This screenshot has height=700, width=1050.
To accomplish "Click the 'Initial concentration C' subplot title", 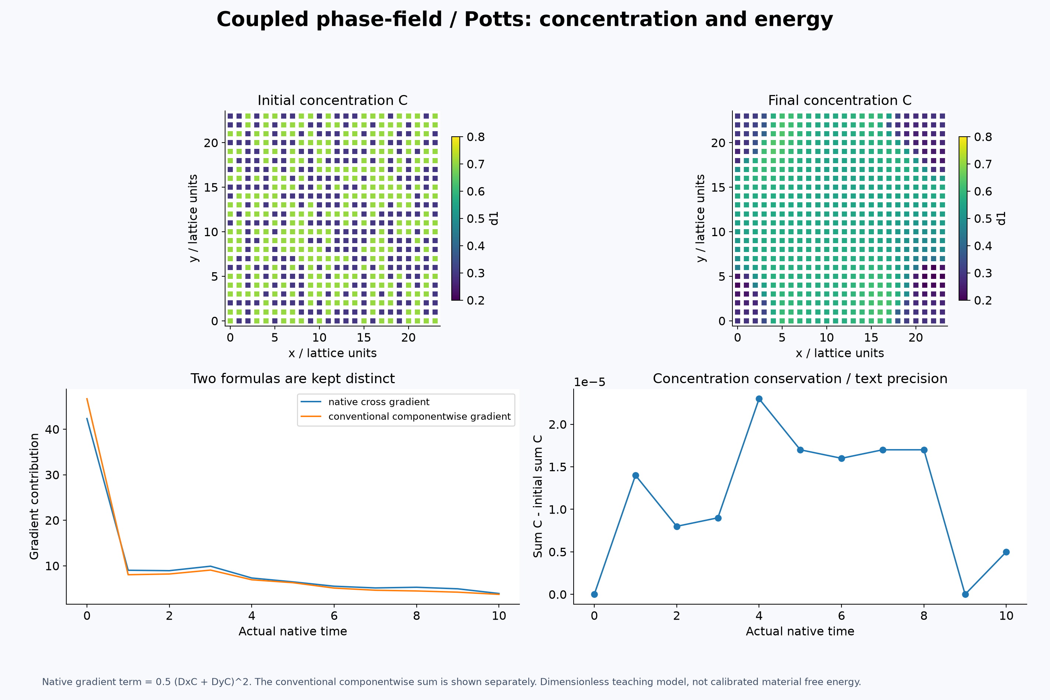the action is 333,101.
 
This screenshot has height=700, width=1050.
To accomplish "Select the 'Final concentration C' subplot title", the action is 840,101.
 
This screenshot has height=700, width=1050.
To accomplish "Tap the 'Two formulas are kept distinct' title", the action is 293,379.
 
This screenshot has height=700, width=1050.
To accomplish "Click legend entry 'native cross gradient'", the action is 379,402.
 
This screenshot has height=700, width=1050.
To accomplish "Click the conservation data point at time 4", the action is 759,399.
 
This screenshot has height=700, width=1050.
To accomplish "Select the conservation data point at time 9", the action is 965,594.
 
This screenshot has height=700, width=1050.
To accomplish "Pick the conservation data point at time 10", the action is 1006,552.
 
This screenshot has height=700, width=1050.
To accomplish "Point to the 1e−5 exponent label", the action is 590,382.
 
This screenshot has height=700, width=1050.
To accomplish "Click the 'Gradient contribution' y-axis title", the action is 34,496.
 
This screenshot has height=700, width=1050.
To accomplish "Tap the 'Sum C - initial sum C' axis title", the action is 538,496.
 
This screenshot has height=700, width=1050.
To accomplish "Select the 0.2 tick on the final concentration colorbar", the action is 983,300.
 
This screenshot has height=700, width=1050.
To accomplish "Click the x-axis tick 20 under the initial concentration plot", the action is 409,337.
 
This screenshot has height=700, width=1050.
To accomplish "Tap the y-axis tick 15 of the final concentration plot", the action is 718,188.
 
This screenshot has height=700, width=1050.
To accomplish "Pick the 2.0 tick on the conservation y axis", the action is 557,424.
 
